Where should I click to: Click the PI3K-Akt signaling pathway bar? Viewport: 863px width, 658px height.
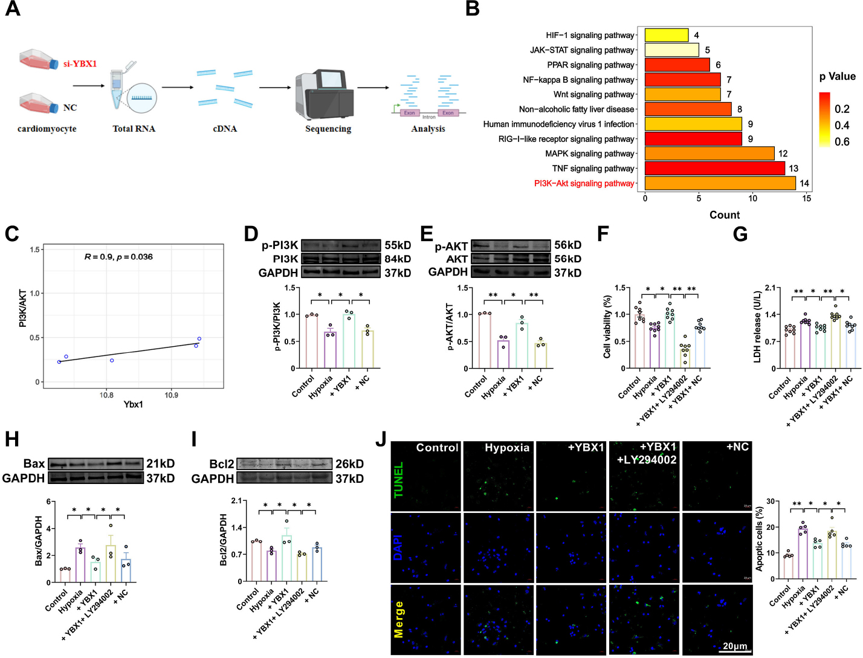tap(720, 183)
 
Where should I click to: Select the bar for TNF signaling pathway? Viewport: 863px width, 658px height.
tap(714, 169)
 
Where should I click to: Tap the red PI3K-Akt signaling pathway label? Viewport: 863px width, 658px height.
tap(584, 184)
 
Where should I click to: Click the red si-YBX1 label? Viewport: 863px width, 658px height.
tap(80, 63)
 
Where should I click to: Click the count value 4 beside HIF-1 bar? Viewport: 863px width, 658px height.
tap(696, 36)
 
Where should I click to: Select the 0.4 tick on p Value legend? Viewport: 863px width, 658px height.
tap(842, 126)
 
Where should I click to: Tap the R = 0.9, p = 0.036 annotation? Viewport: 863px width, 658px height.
tap(118, 257)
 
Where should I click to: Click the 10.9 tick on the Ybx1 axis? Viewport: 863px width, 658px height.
tap(171, 395)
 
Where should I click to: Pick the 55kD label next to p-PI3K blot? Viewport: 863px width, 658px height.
tap(398, 245)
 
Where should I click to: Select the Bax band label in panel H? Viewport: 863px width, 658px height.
tap(34, 463)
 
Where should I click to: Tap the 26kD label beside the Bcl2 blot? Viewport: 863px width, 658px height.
tap(349, 464)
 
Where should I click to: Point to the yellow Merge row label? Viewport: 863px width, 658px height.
tap(398, 619)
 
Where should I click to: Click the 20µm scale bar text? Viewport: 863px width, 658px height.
tap(735, 646)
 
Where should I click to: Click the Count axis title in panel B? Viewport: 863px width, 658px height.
tap(725, 215)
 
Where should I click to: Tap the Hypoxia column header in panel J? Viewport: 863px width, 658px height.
tap(506, 448)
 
